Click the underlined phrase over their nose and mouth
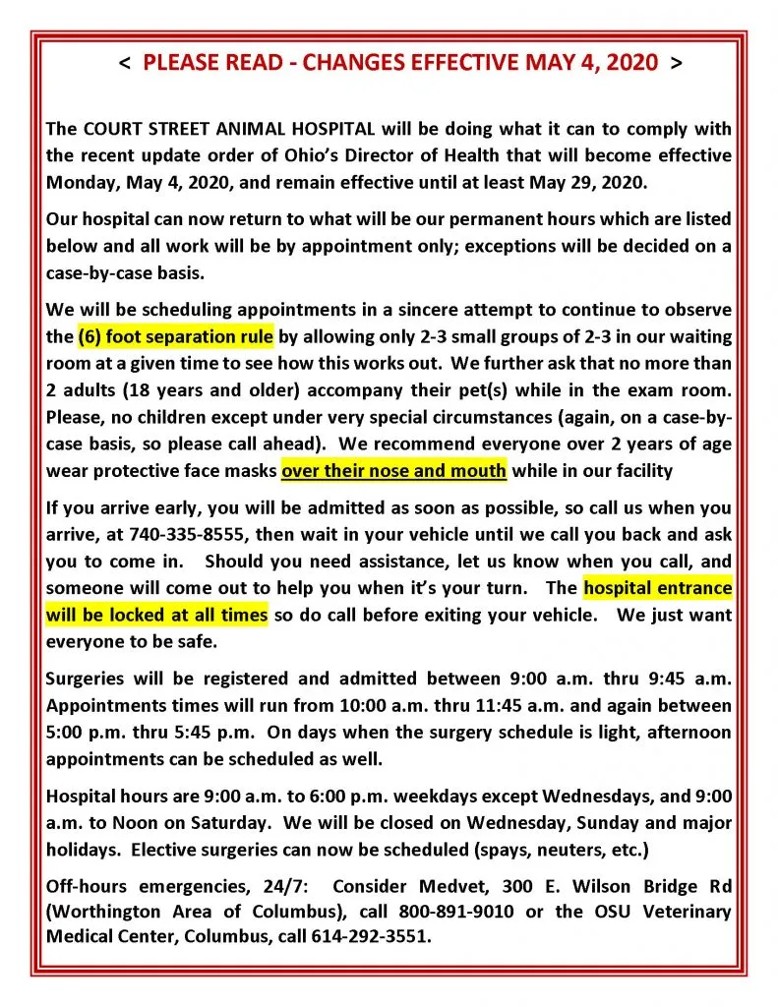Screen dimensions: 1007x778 (393, 470)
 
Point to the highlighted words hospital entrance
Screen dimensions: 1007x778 (657, 589)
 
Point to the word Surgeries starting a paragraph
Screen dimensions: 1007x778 (86, 679)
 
